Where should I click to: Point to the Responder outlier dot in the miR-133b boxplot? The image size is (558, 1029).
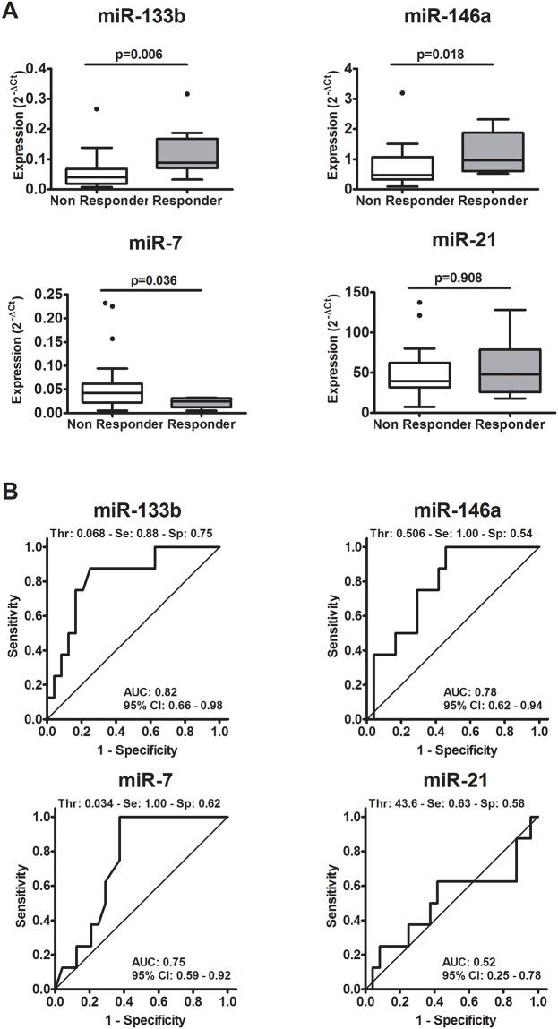click(185, 93)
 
